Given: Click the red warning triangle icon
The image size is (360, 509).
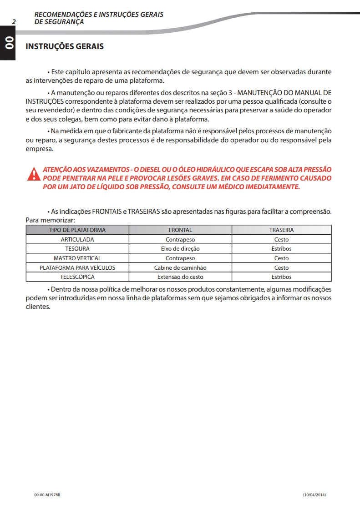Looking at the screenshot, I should [x=33, y=174].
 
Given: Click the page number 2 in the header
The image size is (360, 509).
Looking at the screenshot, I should [x=14, y=21].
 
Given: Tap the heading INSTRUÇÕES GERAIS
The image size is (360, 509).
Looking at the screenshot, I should [x=65, y=46].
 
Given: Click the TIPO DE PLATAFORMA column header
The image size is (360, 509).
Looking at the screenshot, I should [x=77, y=230].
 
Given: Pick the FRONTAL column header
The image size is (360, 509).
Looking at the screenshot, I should [x=180, y=230].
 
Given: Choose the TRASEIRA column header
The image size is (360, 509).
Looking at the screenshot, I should [x=281, y=230].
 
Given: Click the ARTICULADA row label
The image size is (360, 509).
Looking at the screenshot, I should [x=77, y=239].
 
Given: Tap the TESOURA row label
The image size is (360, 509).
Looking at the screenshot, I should [x=77, y=249].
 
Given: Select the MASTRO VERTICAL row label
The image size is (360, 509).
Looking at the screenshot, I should [x=77, y=258].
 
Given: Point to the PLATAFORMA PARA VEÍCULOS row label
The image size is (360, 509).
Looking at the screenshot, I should [x=77, y=268].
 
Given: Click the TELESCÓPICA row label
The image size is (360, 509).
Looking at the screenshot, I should [x=77, y=277].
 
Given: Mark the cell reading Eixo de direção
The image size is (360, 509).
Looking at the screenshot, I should [x=180, y=249].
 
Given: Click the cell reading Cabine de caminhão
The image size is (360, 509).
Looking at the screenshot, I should [x=180, y=268].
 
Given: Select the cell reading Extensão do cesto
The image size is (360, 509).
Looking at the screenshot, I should [x=180, y=277].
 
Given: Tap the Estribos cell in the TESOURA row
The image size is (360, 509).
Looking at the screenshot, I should [x=281, y=249].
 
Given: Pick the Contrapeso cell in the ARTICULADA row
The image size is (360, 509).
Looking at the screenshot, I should [x=180, y=239].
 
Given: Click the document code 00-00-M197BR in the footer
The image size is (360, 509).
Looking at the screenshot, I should [x=47, y=495].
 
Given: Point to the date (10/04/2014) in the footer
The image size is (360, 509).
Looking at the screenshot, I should [x=314, y=495].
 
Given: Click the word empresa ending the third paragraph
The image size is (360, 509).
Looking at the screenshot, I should [x=40, y=148].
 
